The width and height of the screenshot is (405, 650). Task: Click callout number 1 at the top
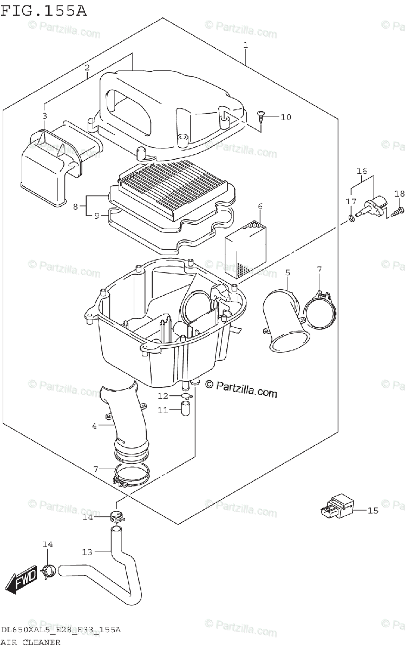coord(245,46)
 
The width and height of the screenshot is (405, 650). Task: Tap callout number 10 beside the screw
coord(285,117)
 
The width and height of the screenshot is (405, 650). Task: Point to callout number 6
coord(260,206)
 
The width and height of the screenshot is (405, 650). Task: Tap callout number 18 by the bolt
coord(399,194)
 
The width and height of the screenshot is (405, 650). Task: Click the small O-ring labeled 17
coord(352,218)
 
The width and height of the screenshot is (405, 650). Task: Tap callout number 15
coord(374,510)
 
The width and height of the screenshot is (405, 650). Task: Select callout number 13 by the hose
coord(88,552)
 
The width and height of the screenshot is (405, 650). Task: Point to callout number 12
coord(163,396)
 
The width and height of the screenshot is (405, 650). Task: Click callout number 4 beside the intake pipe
coord(94,426)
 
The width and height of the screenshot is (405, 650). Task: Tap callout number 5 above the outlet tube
coord(288,272)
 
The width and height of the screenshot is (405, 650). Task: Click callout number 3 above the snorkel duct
coord(45,115)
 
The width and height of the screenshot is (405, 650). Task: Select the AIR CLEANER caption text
coord(30,642)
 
